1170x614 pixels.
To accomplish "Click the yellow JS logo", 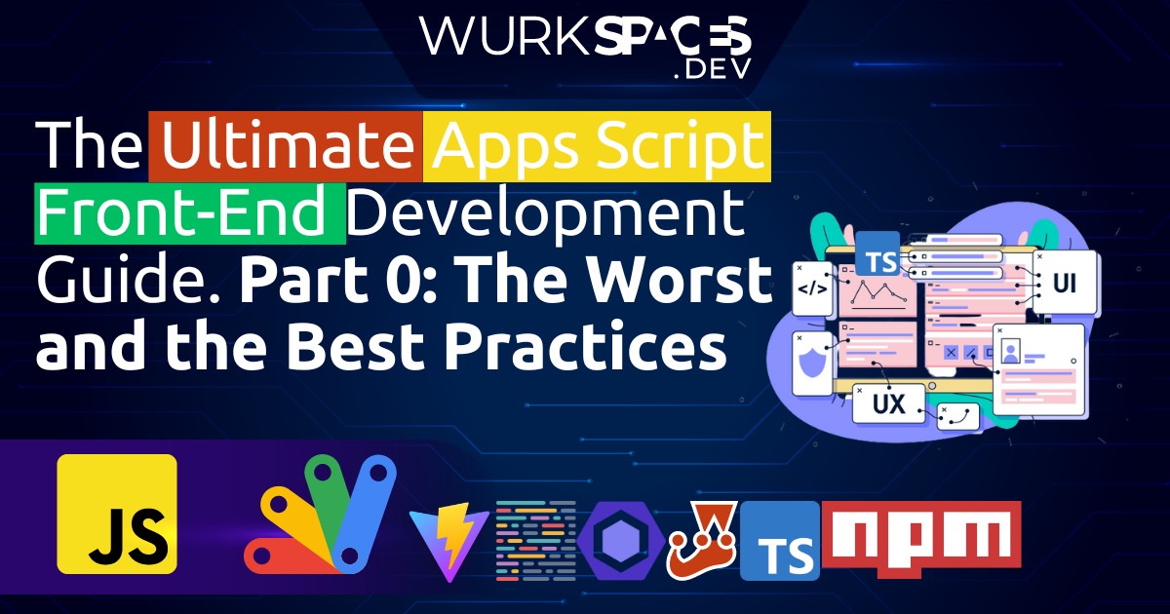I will point(117,513).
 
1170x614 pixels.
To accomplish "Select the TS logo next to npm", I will point(779,541).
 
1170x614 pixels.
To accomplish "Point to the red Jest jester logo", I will point(702,539).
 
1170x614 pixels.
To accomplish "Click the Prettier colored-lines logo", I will point(536,539).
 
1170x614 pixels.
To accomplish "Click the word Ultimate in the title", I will point(285,148).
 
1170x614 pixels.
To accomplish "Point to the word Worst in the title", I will point(677,280).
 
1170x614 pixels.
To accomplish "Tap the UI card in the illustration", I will point(1064,283).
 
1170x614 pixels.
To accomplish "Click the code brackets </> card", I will point(812,288).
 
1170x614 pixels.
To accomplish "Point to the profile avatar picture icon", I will point(1010,348).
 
